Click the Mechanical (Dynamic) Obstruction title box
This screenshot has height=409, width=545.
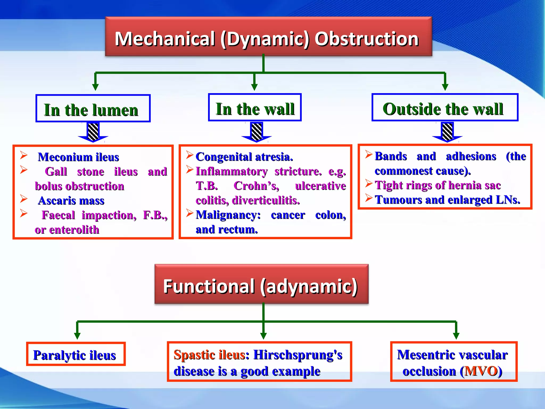click(268, 37)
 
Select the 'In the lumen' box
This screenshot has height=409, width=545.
click(93, 109)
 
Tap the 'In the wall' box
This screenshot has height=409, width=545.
click(255, 108)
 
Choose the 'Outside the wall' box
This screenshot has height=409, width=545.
click(445, 108)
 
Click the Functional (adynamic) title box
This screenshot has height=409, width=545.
click(261, 284)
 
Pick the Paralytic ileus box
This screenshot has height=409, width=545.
click(76, 354)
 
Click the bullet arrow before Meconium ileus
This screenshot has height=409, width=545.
click(24, 155)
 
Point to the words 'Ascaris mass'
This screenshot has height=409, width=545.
click(71, 201)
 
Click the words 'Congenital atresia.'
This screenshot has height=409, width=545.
click(244, 157)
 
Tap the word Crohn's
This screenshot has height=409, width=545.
click(256, 186)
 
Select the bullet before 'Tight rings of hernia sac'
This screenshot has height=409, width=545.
click(369, 183)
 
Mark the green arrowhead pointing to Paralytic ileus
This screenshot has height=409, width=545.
click(77, 335)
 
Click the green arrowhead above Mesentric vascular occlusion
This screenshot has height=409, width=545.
click(456, 335)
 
